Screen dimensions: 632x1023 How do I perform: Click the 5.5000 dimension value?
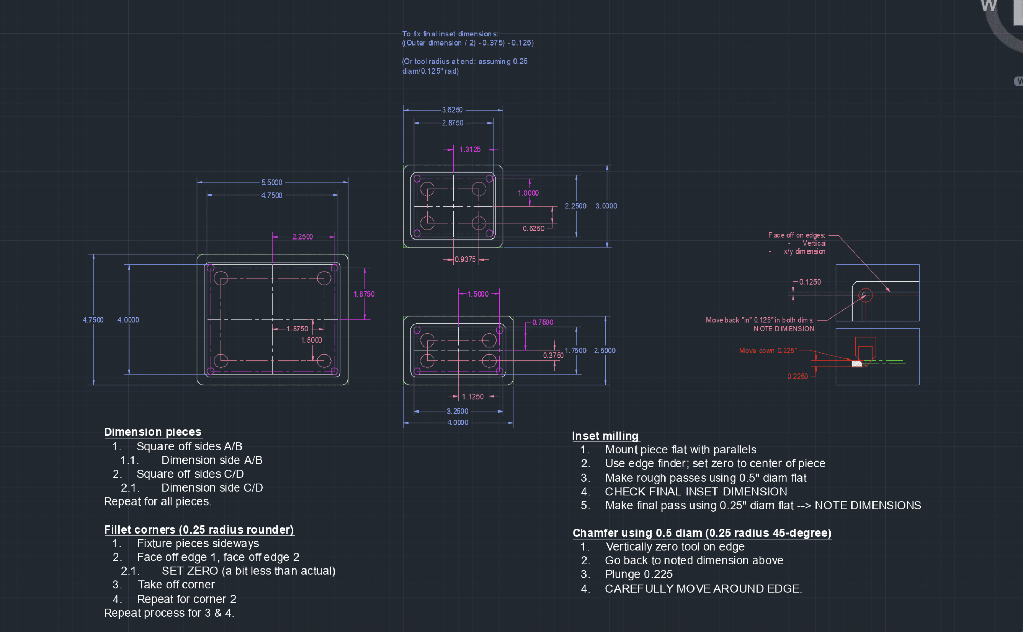point(272,182)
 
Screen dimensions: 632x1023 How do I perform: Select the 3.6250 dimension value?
point(452,110)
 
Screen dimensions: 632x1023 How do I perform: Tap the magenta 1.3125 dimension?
point(470,150)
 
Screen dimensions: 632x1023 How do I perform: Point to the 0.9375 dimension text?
point(465,259)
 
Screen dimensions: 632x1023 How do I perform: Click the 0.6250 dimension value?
point(533,229)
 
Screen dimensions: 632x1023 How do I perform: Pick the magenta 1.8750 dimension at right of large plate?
point(364,294)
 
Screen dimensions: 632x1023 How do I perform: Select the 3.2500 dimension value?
point(457,411)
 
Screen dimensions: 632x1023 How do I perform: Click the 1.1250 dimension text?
point(472,397)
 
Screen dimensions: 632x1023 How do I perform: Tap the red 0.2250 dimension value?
point(797,376)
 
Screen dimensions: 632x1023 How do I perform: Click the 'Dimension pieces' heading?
point(153,432)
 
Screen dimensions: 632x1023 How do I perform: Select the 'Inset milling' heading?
point(605,436)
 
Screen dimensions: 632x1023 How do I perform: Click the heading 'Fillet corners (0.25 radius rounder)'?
point(199,529)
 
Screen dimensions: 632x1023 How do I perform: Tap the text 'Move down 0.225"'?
point(768,351)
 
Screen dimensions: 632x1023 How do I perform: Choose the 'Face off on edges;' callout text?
point(796,235)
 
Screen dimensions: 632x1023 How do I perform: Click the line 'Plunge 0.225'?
point(638,574)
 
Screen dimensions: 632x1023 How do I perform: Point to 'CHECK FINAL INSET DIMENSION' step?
point(696,492)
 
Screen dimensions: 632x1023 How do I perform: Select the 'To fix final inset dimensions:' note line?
point(450,34)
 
